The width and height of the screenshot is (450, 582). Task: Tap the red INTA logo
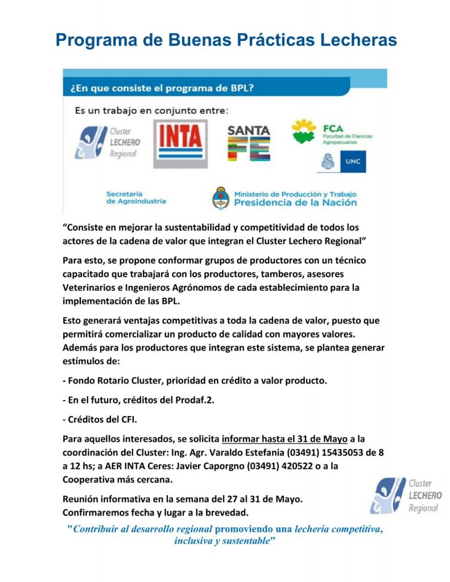(180, 136)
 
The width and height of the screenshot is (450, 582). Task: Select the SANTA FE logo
(249, 143)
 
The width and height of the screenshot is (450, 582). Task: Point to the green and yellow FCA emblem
(303, 132)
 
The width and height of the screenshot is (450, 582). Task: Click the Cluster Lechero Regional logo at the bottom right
(406, 496)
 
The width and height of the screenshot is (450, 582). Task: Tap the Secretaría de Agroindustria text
(136, 197)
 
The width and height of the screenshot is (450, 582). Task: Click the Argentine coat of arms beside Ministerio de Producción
(220, 198)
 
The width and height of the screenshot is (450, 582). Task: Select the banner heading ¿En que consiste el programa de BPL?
(162, 89)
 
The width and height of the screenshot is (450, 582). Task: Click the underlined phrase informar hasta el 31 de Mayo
(284, 439)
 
